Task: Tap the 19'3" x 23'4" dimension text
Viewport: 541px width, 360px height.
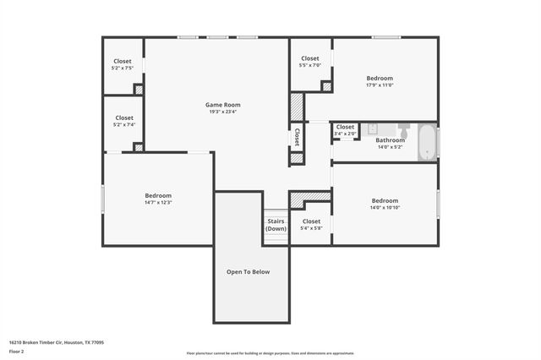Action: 224,112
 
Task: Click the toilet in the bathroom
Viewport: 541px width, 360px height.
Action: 404,134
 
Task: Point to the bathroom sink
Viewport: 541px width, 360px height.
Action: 373,130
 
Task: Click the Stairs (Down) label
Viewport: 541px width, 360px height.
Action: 276,225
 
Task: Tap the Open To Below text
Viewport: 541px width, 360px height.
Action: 248,272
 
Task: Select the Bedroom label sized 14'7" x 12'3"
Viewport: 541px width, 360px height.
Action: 158,195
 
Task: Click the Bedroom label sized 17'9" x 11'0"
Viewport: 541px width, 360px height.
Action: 380,79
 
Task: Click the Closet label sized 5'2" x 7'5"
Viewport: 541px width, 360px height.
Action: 123,61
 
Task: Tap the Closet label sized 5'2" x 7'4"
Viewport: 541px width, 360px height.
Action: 123,117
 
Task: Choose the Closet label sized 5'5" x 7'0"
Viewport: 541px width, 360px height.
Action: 310,58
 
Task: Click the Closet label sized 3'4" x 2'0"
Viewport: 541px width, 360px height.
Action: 345,127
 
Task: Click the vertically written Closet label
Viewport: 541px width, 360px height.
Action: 297,136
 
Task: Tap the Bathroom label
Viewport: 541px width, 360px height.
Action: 390,140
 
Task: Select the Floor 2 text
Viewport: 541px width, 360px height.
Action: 17,352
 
